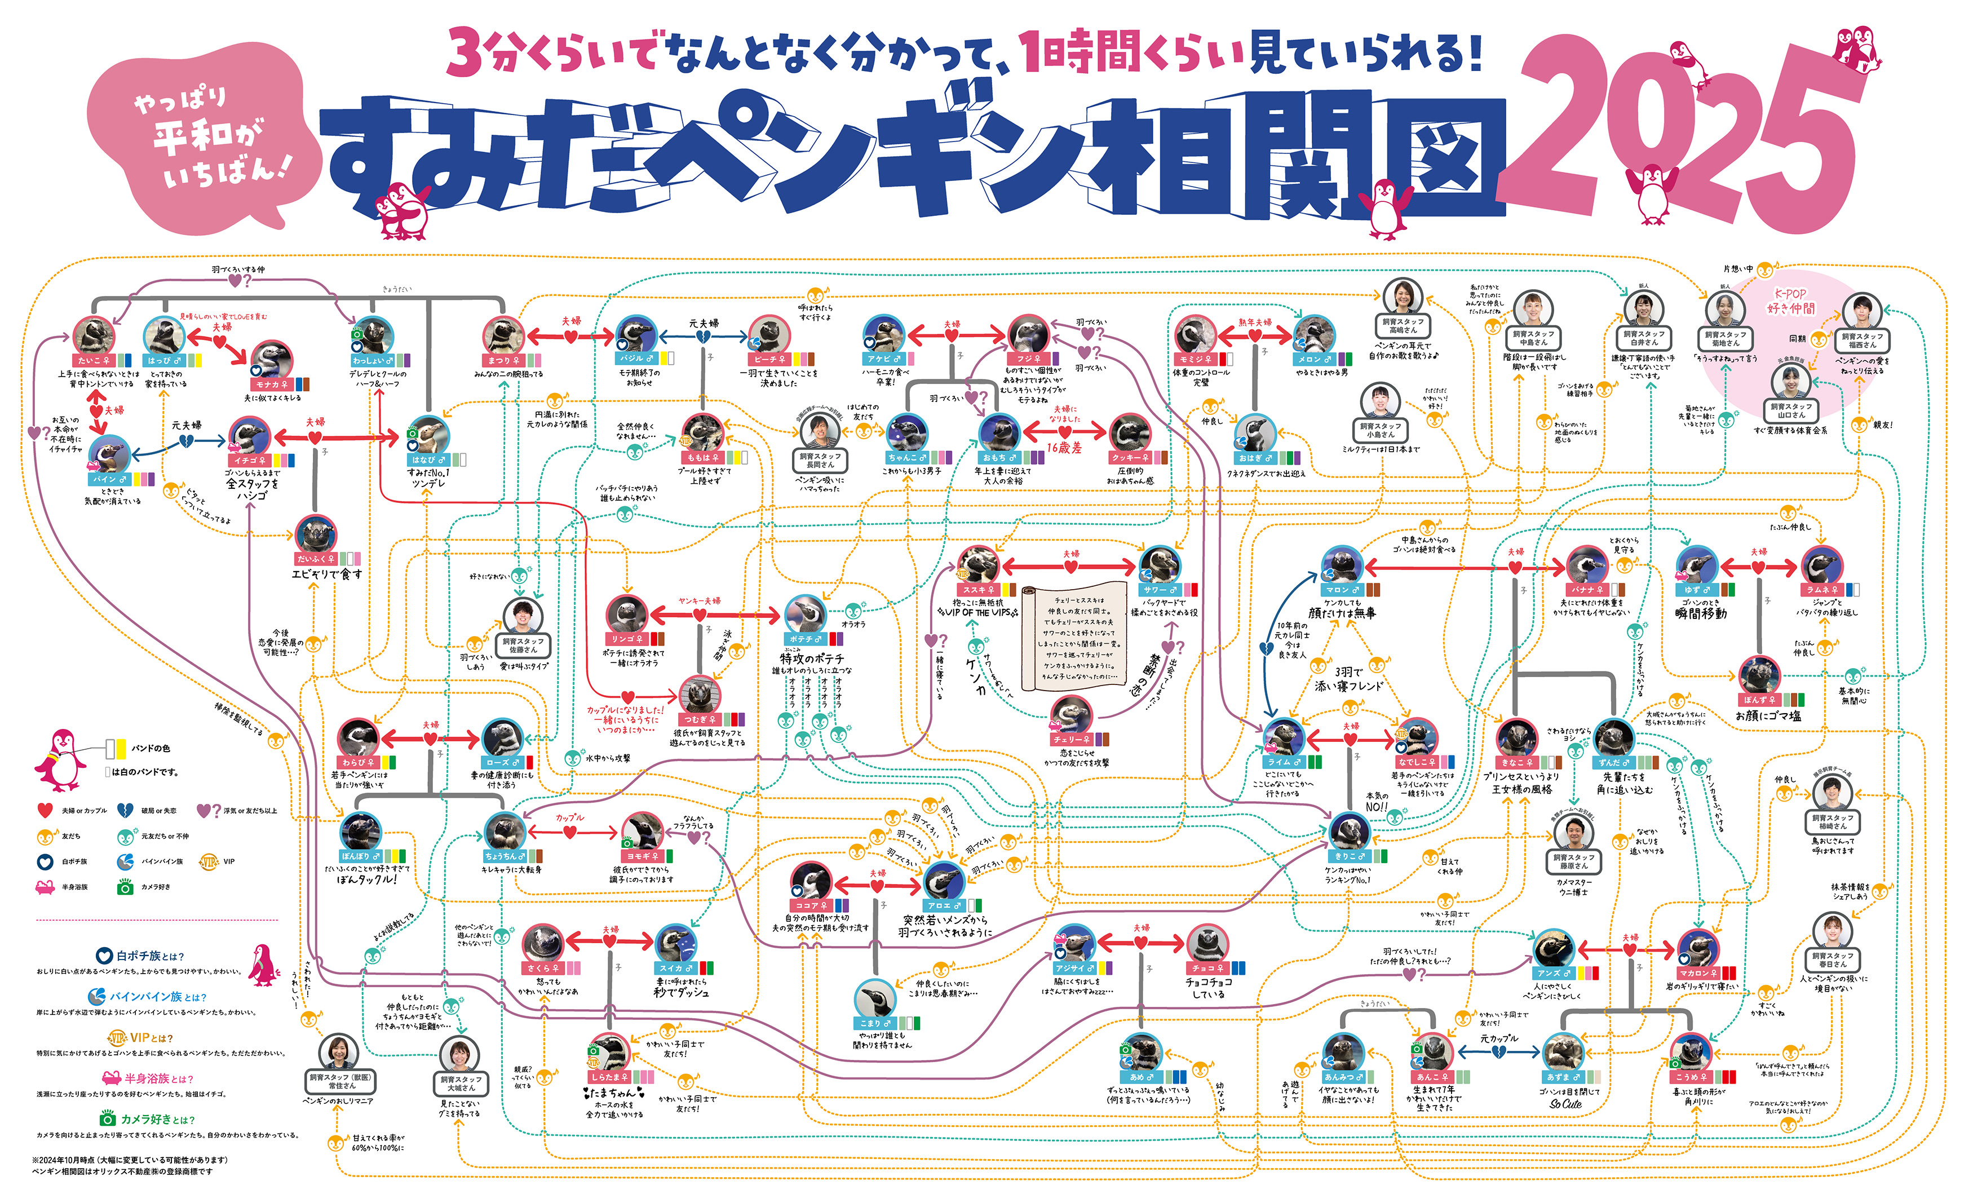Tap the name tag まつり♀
[x=503, y=360]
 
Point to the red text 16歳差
[x=1064, y=448]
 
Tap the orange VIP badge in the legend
[x=208, y=861]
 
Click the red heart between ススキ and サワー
[x=1070, y=567]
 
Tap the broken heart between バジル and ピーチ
[x=703, y=337]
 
